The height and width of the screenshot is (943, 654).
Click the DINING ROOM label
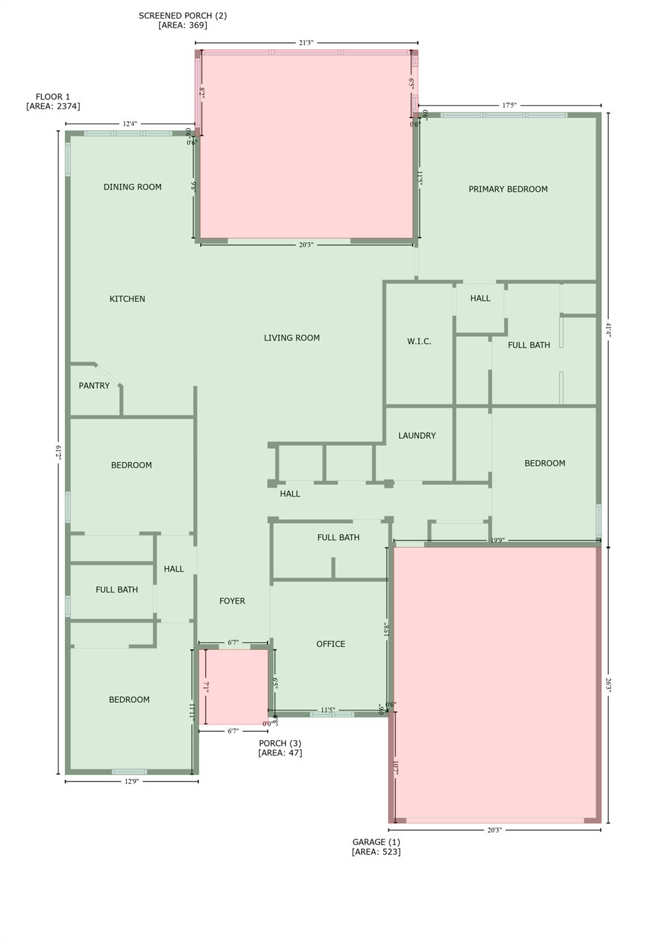[x=132, y=187]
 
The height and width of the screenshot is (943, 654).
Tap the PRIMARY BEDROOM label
[x=508, y=189]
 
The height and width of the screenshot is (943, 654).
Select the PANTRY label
[x=94, y=386]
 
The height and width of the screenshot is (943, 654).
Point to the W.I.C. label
[x=419, y=341]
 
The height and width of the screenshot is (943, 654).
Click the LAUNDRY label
[x=416, y=436]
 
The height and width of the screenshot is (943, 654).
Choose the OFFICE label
[x=330, y=644]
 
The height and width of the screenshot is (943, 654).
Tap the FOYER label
[x=232, y=601]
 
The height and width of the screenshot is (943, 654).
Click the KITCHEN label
[x=127, y=299]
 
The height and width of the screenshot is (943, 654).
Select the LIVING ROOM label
[x=292, y=338]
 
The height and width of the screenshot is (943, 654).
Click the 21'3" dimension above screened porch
[x=306, y=43]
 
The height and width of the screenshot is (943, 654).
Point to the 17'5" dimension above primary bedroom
[x=509, y=106]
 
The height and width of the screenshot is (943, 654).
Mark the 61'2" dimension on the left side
[x=59, y=452]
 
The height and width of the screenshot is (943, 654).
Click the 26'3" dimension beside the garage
[x=608, y=685]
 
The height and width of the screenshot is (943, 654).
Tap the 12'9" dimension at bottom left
[x=131, y=782]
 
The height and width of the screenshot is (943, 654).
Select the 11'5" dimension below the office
[x=328, y=710]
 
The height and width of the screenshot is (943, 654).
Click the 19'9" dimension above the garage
[x=497, y=540]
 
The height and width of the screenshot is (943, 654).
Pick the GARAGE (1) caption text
[x=376, y=842]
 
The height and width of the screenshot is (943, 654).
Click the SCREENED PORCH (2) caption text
[x=182, y=16]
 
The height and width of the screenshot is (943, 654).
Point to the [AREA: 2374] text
[x=53, y=106]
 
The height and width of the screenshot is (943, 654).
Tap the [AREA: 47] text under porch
[x=280, y=753]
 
